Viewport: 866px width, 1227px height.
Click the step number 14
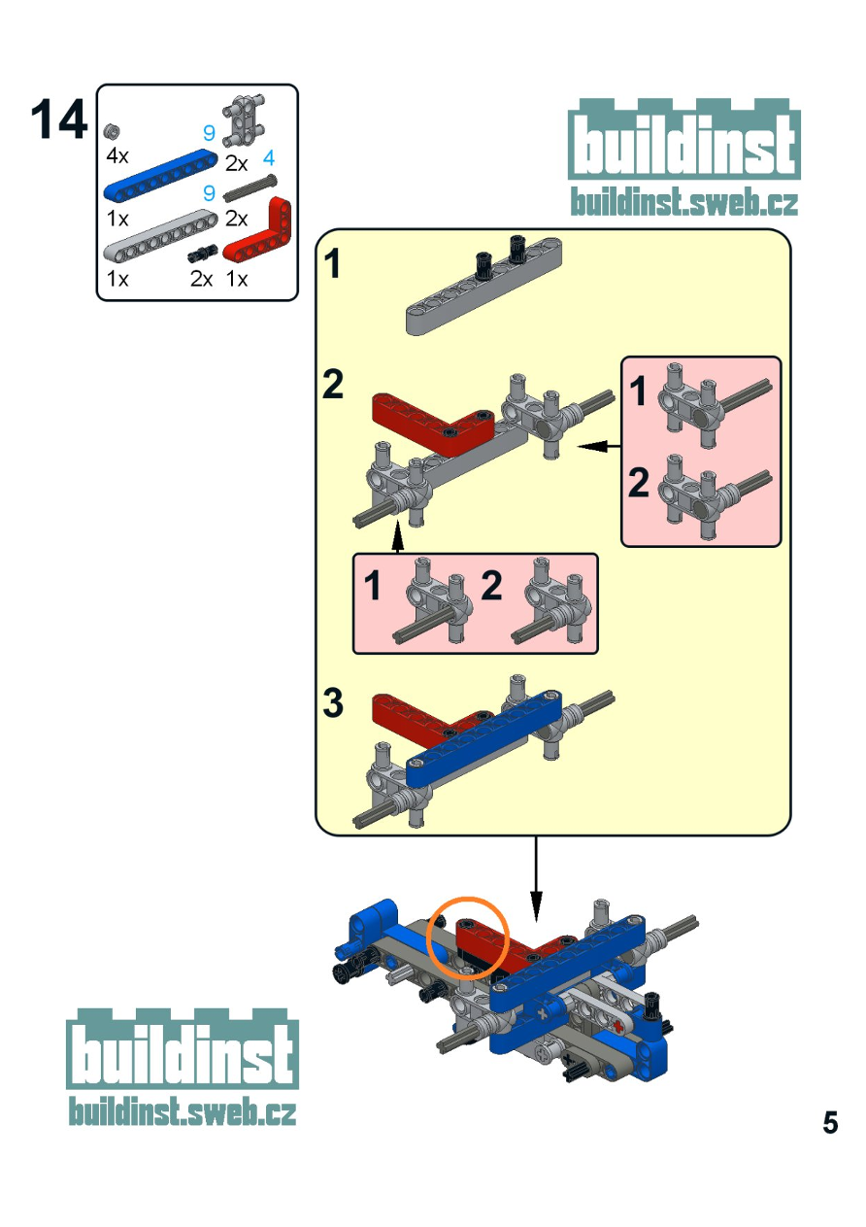[x=59, y=119]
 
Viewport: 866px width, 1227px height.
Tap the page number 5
[x=830, y=1122]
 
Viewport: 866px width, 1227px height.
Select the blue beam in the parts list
[x=161, y=174]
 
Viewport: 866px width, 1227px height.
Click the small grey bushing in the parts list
[x=113, y=131]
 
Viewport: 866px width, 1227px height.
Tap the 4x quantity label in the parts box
[x=117, y=156]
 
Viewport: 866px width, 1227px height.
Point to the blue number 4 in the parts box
[x=268, y=158]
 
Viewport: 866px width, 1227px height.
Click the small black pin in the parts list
[x=202, y=254]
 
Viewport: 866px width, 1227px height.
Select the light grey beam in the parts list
[x=161, y=235]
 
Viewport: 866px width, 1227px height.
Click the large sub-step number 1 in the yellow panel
[x=332, y=263]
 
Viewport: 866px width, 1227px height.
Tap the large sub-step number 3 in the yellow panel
[x=333, y=702]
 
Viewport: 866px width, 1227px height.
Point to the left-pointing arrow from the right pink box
[x=599, y=447]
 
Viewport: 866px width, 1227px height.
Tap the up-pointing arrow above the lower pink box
[x=398, y=538]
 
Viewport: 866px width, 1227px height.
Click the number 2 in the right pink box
[x=638, y=482]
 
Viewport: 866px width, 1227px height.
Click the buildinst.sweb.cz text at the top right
[x=684, y=201]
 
